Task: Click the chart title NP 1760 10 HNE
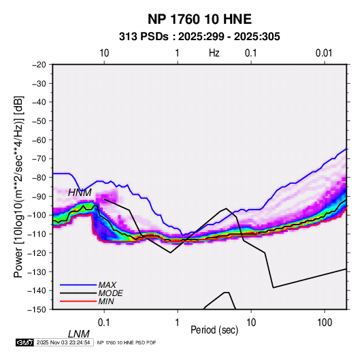point(199,19)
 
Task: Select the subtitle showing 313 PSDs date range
point(199,37)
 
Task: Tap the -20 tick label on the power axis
point(39,65)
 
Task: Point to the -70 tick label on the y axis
point(39,159)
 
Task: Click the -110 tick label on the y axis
point(37,234)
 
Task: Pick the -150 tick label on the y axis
point(37,310)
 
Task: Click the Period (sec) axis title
point(214,330)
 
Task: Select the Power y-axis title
point(18,186)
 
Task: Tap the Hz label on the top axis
point(214,53)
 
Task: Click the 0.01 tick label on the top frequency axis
point(324,53)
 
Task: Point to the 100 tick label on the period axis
point(325,323)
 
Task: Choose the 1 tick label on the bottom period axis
point(178,323)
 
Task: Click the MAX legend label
point(107,285)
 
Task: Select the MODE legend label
point(110,293)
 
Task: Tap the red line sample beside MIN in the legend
point(78,301)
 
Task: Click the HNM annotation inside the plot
point(80,193)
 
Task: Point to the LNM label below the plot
point(79,334)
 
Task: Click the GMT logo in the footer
point(25,342)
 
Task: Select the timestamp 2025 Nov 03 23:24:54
point(63,342)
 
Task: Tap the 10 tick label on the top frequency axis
point(104,53)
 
